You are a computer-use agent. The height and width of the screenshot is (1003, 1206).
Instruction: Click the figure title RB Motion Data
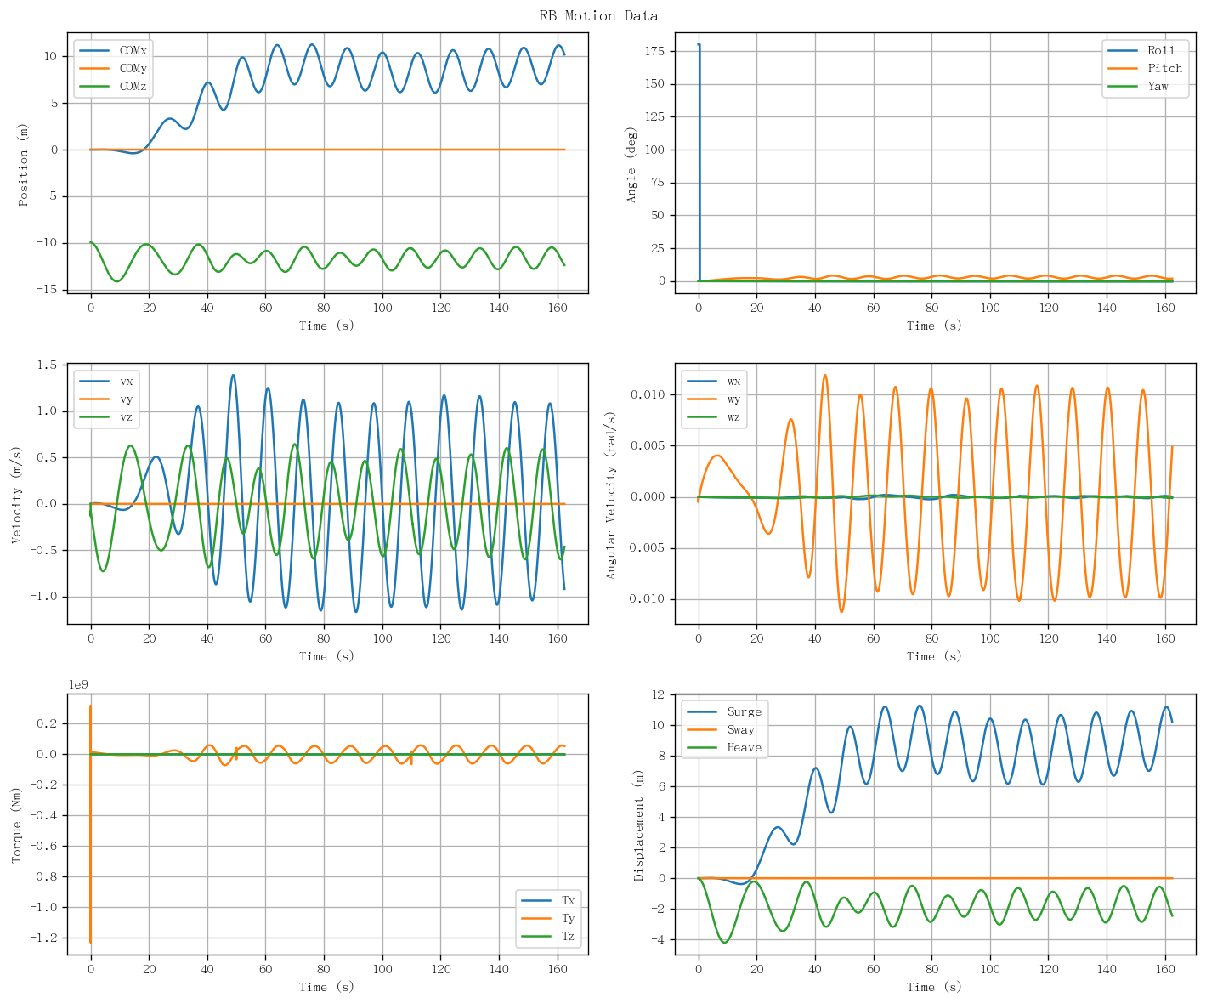pyautogui.click(x=598, y=15)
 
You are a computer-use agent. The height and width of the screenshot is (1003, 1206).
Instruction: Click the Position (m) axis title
pyautogui.click(x=23, y=165)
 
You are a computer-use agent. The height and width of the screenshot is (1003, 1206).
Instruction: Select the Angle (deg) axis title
pyautogui.click(x=631, y=165)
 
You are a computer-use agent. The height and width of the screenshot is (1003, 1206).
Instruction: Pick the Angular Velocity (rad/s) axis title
pyautogui.click(x=610, y=496)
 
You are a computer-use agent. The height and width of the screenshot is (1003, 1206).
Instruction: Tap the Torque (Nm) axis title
pyautogui.click(x=16, y=825)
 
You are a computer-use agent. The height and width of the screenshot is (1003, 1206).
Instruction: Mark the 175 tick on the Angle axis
pyautogui.click(x=655, y=51)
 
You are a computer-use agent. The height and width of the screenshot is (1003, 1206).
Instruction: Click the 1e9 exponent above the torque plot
pyautogui.click(x=78, y=684)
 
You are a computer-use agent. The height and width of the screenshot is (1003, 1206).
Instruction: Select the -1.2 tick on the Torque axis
pyautogui.click(x=43, y=938)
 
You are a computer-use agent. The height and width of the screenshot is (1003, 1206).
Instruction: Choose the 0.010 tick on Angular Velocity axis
pyautogui.click(x=648, y=394)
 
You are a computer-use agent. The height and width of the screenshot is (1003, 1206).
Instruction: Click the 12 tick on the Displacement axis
pyautogui.click(x=659, y=694)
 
